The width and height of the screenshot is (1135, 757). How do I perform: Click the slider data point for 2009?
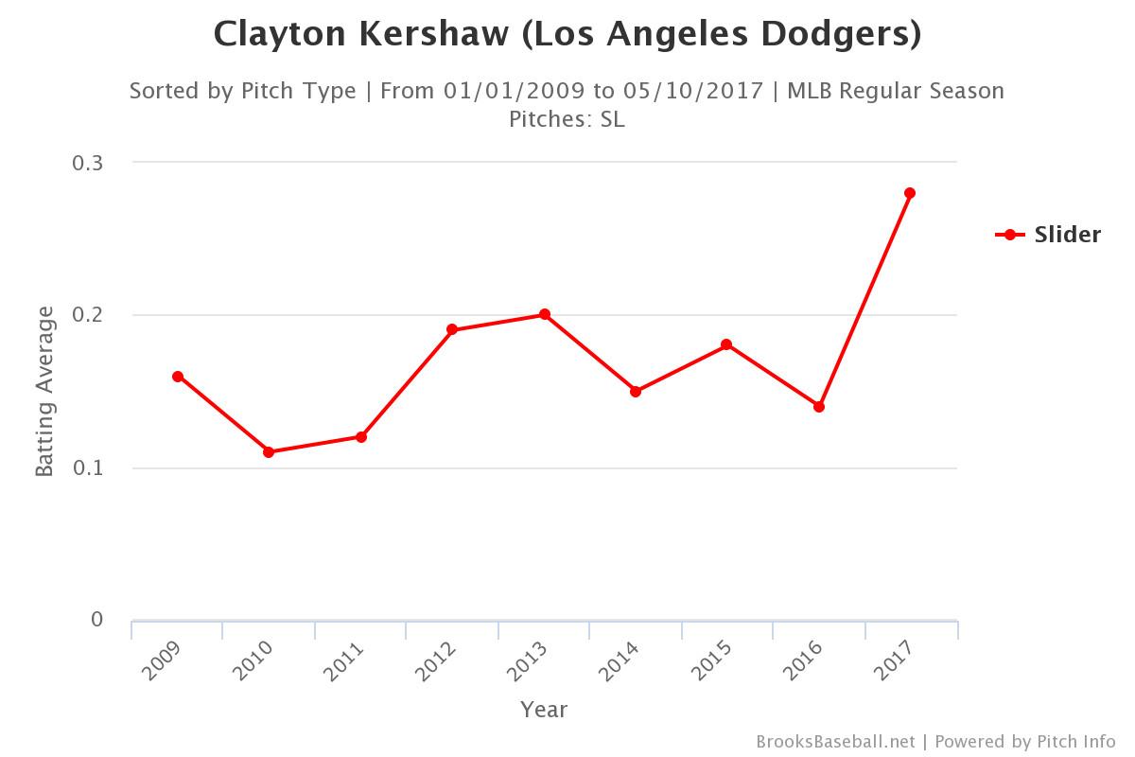(x=178, y=377)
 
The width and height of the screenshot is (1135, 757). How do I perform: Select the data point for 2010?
(x=269, y=452)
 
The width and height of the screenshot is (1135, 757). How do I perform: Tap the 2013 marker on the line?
(x=545, y=314)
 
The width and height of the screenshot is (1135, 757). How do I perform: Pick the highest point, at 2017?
(x=910, y=193)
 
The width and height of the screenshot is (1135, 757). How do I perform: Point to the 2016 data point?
(x=819, y=407)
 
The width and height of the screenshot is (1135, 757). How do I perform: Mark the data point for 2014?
(x=636, y=392)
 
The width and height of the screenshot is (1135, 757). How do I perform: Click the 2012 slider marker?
(x=452, y=330)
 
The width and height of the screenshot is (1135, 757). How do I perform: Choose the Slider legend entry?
(x=1050, y=235)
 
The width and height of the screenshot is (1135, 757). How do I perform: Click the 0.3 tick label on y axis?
(x=87, y=163)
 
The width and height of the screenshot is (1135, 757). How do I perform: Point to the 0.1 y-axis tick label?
(x=87, y=467)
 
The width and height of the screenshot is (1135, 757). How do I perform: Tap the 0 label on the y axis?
(x=96, y=620)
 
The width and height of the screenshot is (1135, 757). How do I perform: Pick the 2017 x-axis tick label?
(x=893, y=661)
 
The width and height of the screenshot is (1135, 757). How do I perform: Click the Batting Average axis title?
(x=45, y=391)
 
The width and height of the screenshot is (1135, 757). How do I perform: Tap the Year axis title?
(x=544, y=710)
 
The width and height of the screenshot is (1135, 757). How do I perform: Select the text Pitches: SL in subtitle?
(x=567, y=120)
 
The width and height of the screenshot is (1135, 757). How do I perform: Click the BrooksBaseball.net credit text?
(x=835, y=742)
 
